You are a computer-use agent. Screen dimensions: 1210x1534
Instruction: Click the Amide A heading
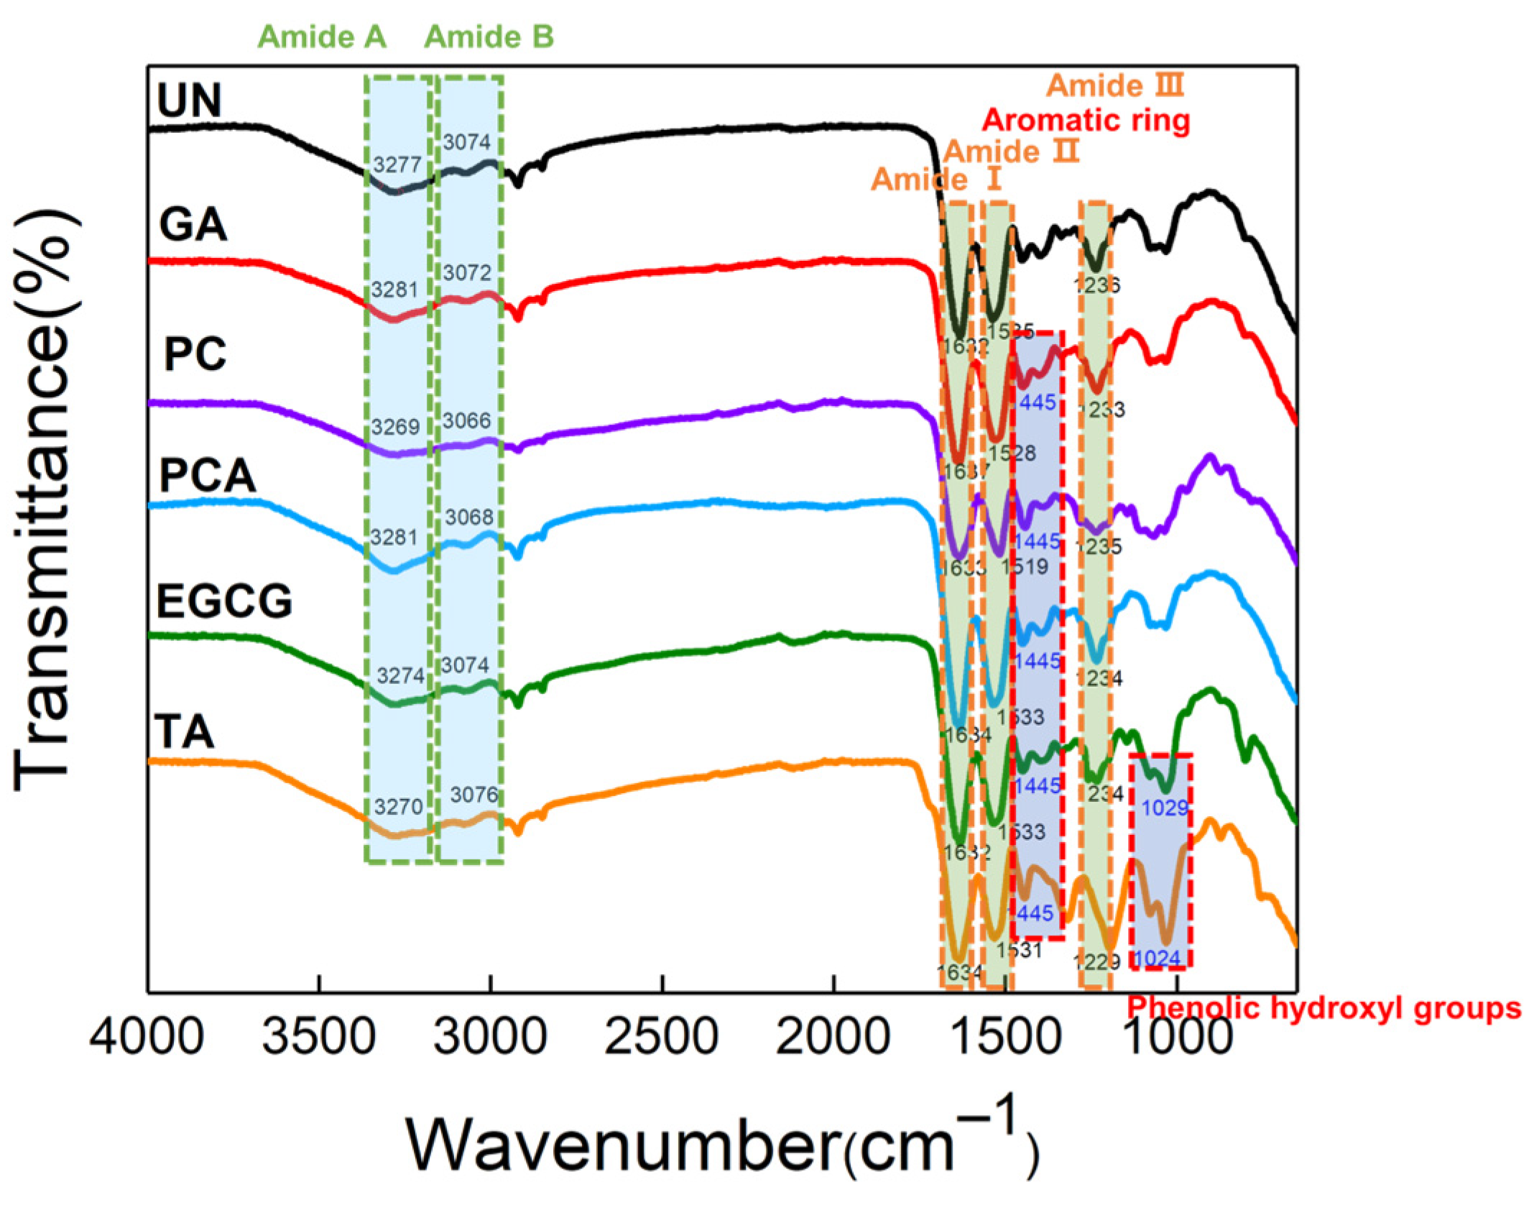coord(322,37)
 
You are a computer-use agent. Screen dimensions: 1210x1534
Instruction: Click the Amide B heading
coord(489,37)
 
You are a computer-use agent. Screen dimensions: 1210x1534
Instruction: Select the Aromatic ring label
coord(1086,120)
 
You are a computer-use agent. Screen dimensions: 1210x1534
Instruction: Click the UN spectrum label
coord(189,101)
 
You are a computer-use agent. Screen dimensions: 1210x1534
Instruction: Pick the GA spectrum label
coord(193,225)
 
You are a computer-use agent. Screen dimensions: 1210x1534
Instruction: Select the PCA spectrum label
coord(207,476)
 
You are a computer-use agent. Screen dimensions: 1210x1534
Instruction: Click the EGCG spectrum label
coord(224,601)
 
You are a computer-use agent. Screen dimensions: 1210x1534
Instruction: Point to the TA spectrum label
coord(185,733)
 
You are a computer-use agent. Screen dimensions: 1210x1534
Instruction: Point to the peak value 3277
coord(397,165)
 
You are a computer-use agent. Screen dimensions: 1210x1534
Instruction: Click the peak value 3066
coord(466,420)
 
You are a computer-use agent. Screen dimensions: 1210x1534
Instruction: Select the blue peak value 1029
coord(1165,808)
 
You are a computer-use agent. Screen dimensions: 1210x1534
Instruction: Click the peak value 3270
coord(398,806)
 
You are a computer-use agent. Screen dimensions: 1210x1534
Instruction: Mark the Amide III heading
coord(1114,86)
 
